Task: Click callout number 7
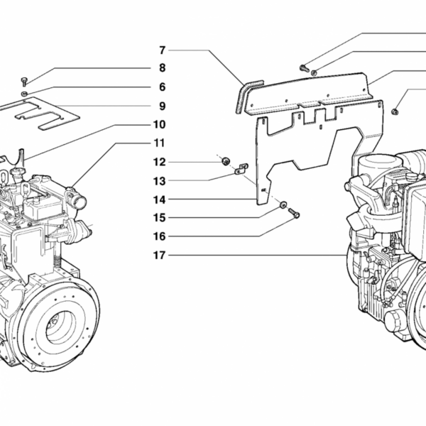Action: pyautogui.click(x=162, y=50)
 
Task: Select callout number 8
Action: pyautogui.click(x=162, y=68)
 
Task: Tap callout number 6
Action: pyautogui.click(x=162, y=87)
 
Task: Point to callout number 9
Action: pyautogui.click(x=162, y=106)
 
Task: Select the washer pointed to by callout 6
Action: pyautogui.click(x=24, y=93)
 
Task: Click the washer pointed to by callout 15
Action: pyautogui.click(x=282, y=206)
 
